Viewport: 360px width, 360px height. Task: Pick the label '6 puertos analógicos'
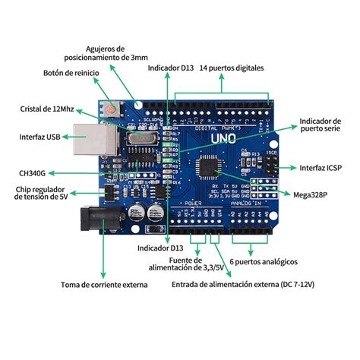tap(263, 262)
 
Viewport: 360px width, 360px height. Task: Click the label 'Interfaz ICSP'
tap(321, 166)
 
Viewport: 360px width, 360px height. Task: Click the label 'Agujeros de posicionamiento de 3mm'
tap(105, 52)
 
